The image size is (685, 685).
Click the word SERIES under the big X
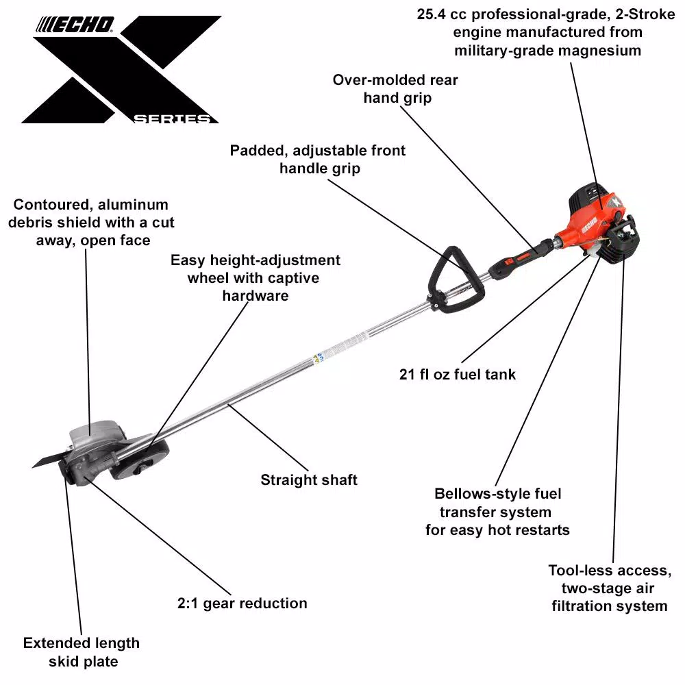(x=171, y=119)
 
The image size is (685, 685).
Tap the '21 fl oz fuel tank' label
(x=458, y=374)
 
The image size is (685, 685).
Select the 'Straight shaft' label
(x=309, y=480)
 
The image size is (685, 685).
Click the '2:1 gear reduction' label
(x=242, y=603)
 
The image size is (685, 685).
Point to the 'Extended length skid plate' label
(x=81, y=652)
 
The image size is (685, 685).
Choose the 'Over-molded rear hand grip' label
(x=395, y=88)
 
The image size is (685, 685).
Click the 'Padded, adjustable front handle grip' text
(x=318, y=159)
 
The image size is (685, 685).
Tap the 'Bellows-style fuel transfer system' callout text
(x=497, y=512)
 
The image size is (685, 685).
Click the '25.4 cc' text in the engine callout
(x=443, y=14)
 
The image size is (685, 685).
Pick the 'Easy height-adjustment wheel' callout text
(x=255, y=277)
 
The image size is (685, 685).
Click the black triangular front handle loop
(x=452, y=274)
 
